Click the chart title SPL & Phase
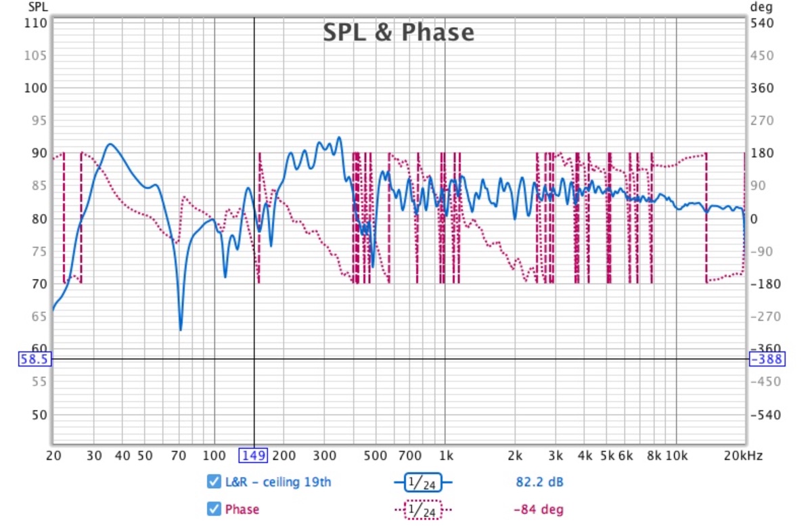(x=398, y=32)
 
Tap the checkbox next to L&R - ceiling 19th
(x=214, y=482)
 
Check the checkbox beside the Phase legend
(x=214, y=509)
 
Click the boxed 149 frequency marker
(x=254, y=456)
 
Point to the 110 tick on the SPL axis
(x=36, y=23)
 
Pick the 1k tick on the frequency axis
(x=445, y=456)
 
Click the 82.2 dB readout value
(x=535, y=482)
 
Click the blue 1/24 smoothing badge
(x=423, y=482)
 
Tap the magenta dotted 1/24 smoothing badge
(x=423, y=509)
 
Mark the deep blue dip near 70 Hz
(x=181, y=329)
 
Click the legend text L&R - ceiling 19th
(x=278, y=482)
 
